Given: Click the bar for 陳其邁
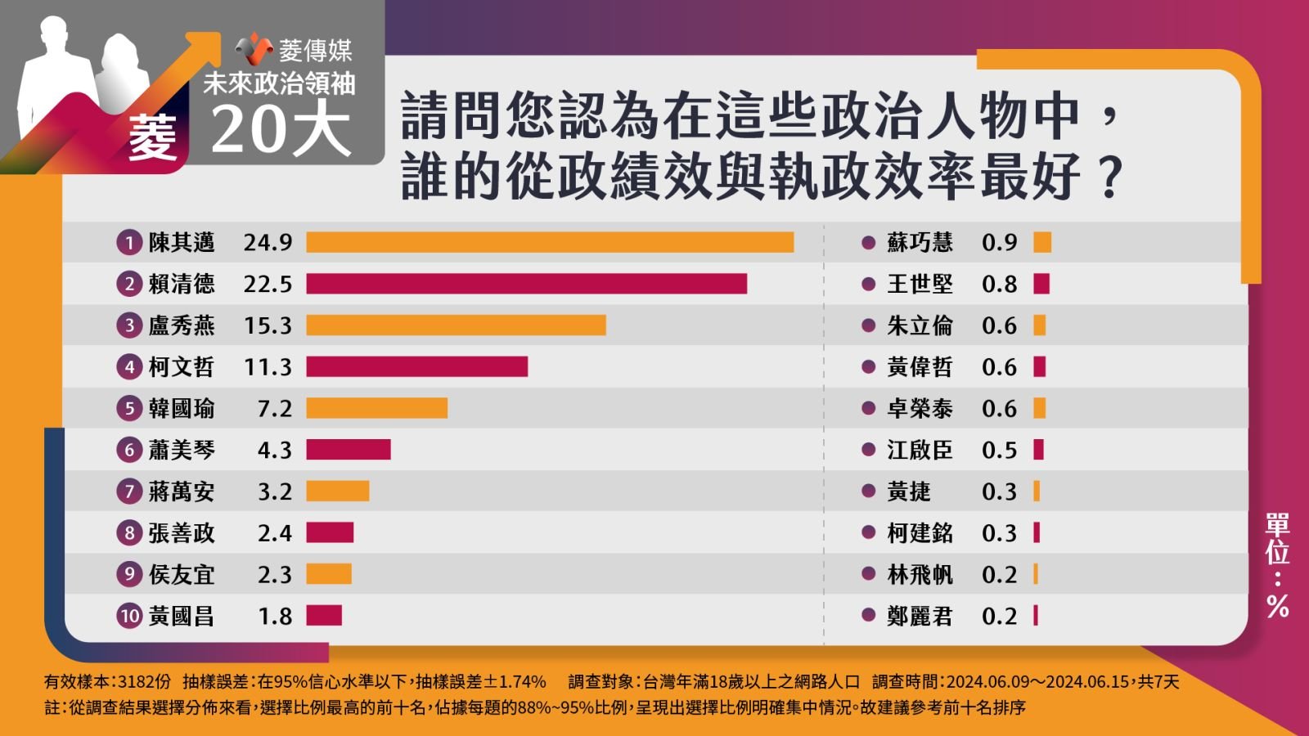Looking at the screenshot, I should [x=550, y=242].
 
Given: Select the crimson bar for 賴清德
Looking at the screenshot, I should [x=526, y=284].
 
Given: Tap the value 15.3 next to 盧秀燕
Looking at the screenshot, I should [x=268, y=325].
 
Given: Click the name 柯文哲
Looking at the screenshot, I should [x=181, y=367].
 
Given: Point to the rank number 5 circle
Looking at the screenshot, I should [x=129, y=408].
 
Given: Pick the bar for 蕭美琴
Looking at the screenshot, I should [x=349, y=450].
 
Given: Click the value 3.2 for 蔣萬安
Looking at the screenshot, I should [x=274, y=491].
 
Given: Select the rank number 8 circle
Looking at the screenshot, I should [x=129, y=533].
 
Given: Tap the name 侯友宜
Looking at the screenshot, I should [x=181, y=575].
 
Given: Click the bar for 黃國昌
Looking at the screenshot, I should [x=324, y=616].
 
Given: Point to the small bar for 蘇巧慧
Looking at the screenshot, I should [x=1042, y=242].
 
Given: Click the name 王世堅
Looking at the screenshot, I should [x=920, y=284].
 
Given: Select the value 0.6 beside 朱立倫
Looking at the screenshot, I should [x=999, y=325].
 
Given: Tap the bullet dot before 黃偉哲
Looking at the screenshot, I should [x=869, y=367].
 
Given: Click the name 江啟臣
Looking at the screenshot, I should [x=920, y=450].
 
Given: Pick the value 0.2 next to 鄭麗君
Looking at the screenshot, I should [x=999, y=616].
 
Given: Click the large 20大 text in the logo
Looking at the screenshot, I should [x=281, y=129].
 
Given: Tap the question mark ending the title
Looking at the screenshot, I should [x=1109, y=177].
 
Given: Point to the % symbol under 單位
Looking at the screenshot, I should [x=1277, y=606].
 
